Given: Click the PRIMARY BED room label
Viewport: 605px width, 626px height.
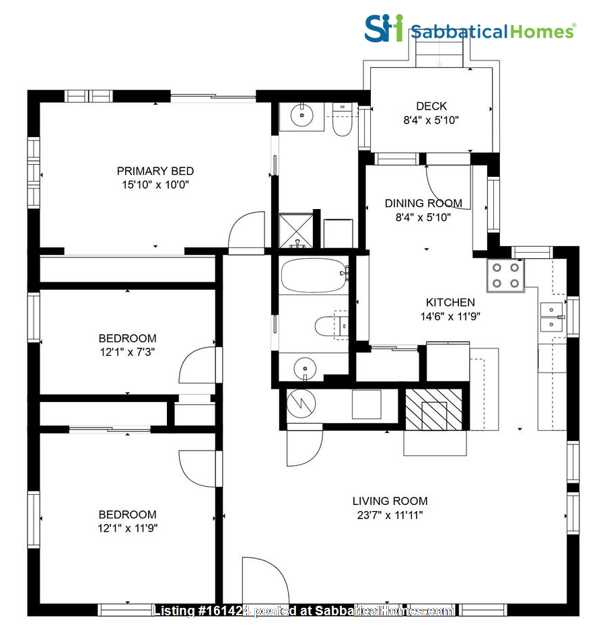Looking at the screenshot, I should [x=155, y=171].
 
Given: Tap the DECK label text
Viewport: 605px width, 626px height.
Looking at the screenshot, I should [x=431, y=106].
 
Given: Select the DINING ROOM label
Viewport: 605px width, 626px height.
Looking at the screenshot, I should [x=423, y=203].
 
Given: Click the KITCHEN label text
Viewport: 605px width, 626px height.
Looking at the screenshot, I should [x=450, y=303].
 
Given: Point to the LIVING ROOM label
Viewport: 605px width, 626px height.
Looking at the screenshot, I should [x=390, y=501].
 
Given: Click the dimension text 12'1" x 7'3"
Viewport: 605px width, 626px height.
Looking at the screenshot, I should [x=127, y=352].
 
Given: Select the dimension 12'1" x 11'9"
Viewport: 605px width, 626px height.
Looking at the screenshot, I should [x=127, y=529].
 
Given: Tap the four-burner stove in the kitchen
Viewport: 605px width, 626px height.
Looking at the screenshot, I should [x=505, y=275].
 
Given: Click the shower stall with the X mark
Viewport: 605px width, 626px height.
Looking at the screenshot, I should [x=296, y=231].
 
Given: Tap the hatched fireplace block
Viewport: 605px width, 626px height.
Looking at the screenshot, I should [x=435, y=409].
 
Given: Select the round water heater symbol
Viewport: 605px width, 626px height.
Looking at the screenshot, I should [x=299, y=405].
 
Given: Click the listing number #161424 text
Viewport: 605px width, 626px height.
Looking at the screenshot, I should [x=202, y=611].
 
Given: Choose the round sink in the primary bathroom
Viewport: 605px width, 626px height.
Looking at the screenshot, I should [x=303, y=116].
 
